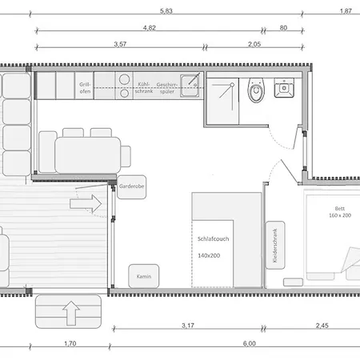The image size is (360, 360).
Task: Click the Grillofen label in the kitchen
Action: tap(85, 87)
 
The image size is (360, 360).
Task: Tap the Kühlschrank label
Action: tap(143, 87)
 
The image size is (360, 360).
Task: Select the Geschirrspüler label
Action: tap(167, 87)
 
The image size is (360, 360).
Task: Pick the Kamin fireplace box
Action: tap(144, 276)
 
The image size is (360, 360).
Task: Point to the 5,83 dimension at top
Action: tap(166, 10)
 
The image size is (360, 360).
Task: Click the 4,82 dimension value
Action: tap(149, 27)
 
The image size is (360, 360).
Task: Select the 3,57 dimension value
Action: tap(121, 45)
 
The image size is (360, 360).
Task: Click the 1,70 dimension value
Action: tap(69, 343)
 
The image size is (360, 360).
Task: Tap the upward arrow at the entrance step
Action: tap(70, 312)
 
